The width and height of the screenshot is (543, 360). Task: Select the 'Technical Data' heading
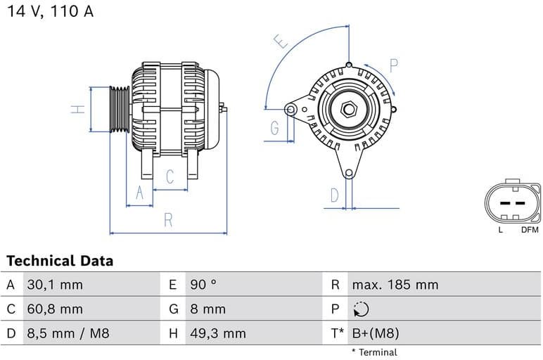[60, 261]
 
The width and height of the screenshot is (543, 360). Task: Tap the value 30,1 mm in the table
[54, 285]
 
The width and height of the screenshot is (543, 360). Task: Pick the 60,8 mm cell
[54, 309]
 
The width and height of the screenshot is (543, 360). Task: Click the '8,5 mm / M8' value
[68, 333]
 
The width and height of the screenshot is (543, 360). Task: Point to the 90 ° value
[203, 285]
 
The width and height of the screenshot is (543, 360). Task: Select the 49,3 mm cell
[217, 333]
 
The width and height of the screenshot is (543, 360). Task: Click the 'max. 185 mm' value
[395, 285]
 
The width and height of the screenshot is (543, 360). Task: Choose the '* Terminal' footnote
[374, 352]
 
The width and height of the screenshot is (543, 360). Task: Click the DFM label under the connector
[529, 229]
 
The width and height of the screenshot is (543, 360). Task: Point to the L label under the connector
[501, 229]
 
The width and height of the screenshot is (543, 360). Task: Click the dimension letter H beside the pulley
[79, 109]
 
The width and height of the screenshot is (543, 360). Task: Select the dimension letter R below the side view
[168, 219]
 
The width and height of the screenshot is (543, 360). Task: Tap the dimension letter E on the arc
[282, 41]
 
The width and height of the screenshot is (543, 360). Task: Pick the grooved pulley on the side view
[120, 109]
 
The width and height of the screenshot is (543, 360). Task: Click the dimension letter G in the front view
[274, 128]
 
